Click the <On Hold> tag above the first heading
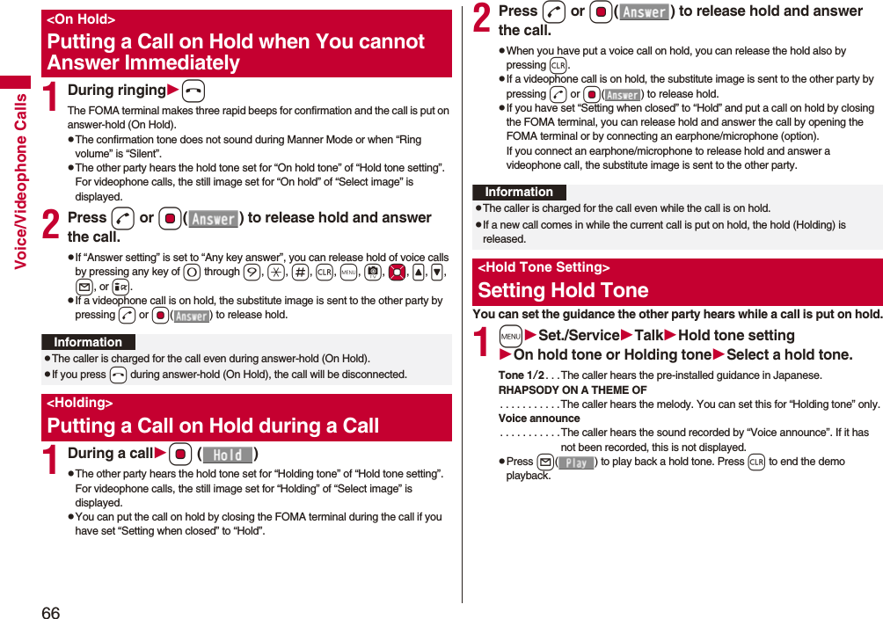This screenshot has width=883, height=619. tap(81, 19)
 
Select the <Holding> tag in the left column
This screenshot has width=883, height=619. tap(80, 403)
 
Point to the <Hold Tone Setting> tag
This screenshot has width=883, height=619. tap(544, 267)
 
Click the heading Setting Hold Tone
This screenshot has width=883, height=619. tap(563, 290)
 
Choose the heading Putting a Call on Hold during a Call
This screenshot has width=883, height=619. tap(213, 426)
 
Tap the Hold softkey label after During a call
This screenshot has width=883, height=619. tap(228, 455)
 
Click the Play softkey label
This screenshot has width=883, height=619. tap(576, 462)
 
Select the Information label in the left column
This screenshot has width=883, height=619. tap(88, 342)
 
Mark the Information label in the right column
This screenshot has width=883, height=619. tap(519, 192)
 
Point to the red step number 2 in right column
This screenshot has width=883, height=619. tap(483, 19)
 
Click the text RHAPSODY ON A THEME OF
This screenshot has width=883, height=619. tap(573, 390)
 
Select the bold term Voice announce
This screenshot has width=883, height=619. tap(539, 419)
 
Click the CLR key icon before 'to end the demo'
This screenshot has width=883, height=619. tap(755, 462)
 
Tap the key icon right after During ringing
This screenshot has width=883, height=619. tap(194, 91)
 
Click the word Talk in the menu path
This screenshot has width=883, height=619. tap(649, 335)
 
